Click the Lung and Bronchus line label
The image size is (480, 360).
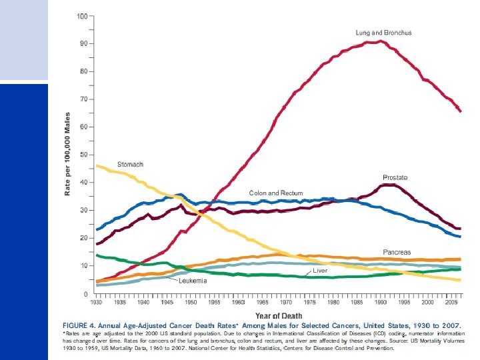pos(383,33)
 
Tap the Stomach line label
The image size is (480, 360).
pos(130,164)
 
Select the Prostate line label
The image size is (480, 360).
pos(395,177)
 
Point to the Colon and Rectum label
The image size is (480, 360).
pos(276,193)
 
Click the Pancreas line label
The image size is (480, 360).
pos(397,252)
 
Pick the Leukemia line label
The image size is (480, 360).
pos(192,281)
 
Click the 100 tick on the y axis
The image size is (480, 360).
pos(81,15)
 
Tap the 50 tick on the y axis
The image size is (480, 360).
pos(83,155)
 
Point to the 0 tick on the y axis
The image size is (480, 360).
pos(85,293)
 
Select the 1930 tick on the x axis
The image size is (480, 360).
pos(97,302)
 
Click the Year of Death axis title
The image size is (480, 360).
pos(279,315)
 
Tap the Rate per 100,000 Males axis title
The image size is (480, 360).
pos(67,154)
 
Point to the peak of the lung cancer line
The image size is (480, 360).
pos(380,41)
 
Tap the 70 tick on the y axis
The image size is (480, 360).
pos(83,99)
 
